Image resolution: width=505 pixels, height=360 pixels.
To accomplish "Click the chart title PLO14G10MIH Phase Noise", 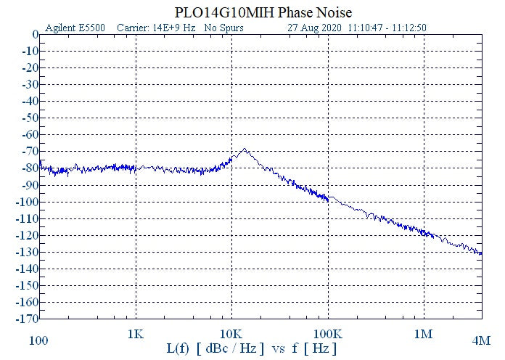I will [263, 13].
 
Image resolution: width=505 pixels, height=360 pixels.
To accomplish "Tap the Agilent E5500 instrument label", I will [75, 28].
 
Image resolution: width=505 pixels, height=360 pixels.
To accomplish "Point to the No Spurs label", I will [223, 28].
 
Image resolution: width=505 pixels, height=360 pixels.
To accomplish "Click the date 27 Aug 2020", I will [315, 28].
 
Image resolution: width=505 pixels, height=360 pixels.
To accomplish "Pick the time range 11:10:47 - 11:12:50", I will [387, 28].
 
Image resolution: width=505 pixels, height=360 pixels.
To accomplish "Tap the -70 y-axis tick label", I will [30, 151].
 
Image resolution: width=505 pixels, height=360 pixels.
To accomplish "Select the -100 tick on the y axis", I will [28, 202].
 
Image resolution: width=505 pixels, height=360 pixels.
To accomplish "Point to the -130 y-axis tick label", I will [28, 252].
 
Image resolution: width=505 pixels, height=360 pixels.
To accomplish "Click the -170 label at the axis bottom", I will [28, 319].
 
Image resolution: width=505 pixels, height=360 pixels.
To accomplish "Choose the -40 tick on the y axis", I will [30, 101].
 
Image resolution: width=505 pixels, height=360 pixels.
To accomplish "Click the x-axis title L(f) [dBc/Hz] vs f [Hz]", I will [252, 349].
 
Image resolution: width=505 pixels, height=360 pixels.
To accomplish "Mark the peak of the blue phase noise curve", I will [244, 150].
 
